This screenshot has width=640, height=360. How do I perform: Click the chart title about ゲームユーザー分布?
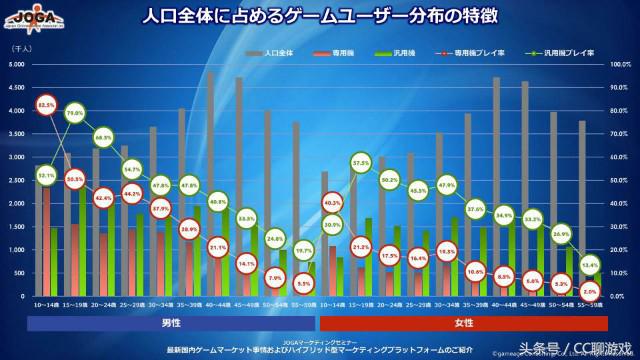click(320, 18)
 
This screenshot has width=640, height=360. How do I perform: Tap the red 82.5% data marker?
click(46, 104)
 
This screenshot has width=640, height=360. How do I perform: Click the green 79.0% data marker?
click(74, 114)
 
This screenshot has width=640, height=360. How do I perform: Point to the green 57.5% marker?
click(362, 163)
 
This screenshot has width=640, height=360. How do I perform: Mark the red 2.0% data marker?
click(590, 291)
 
